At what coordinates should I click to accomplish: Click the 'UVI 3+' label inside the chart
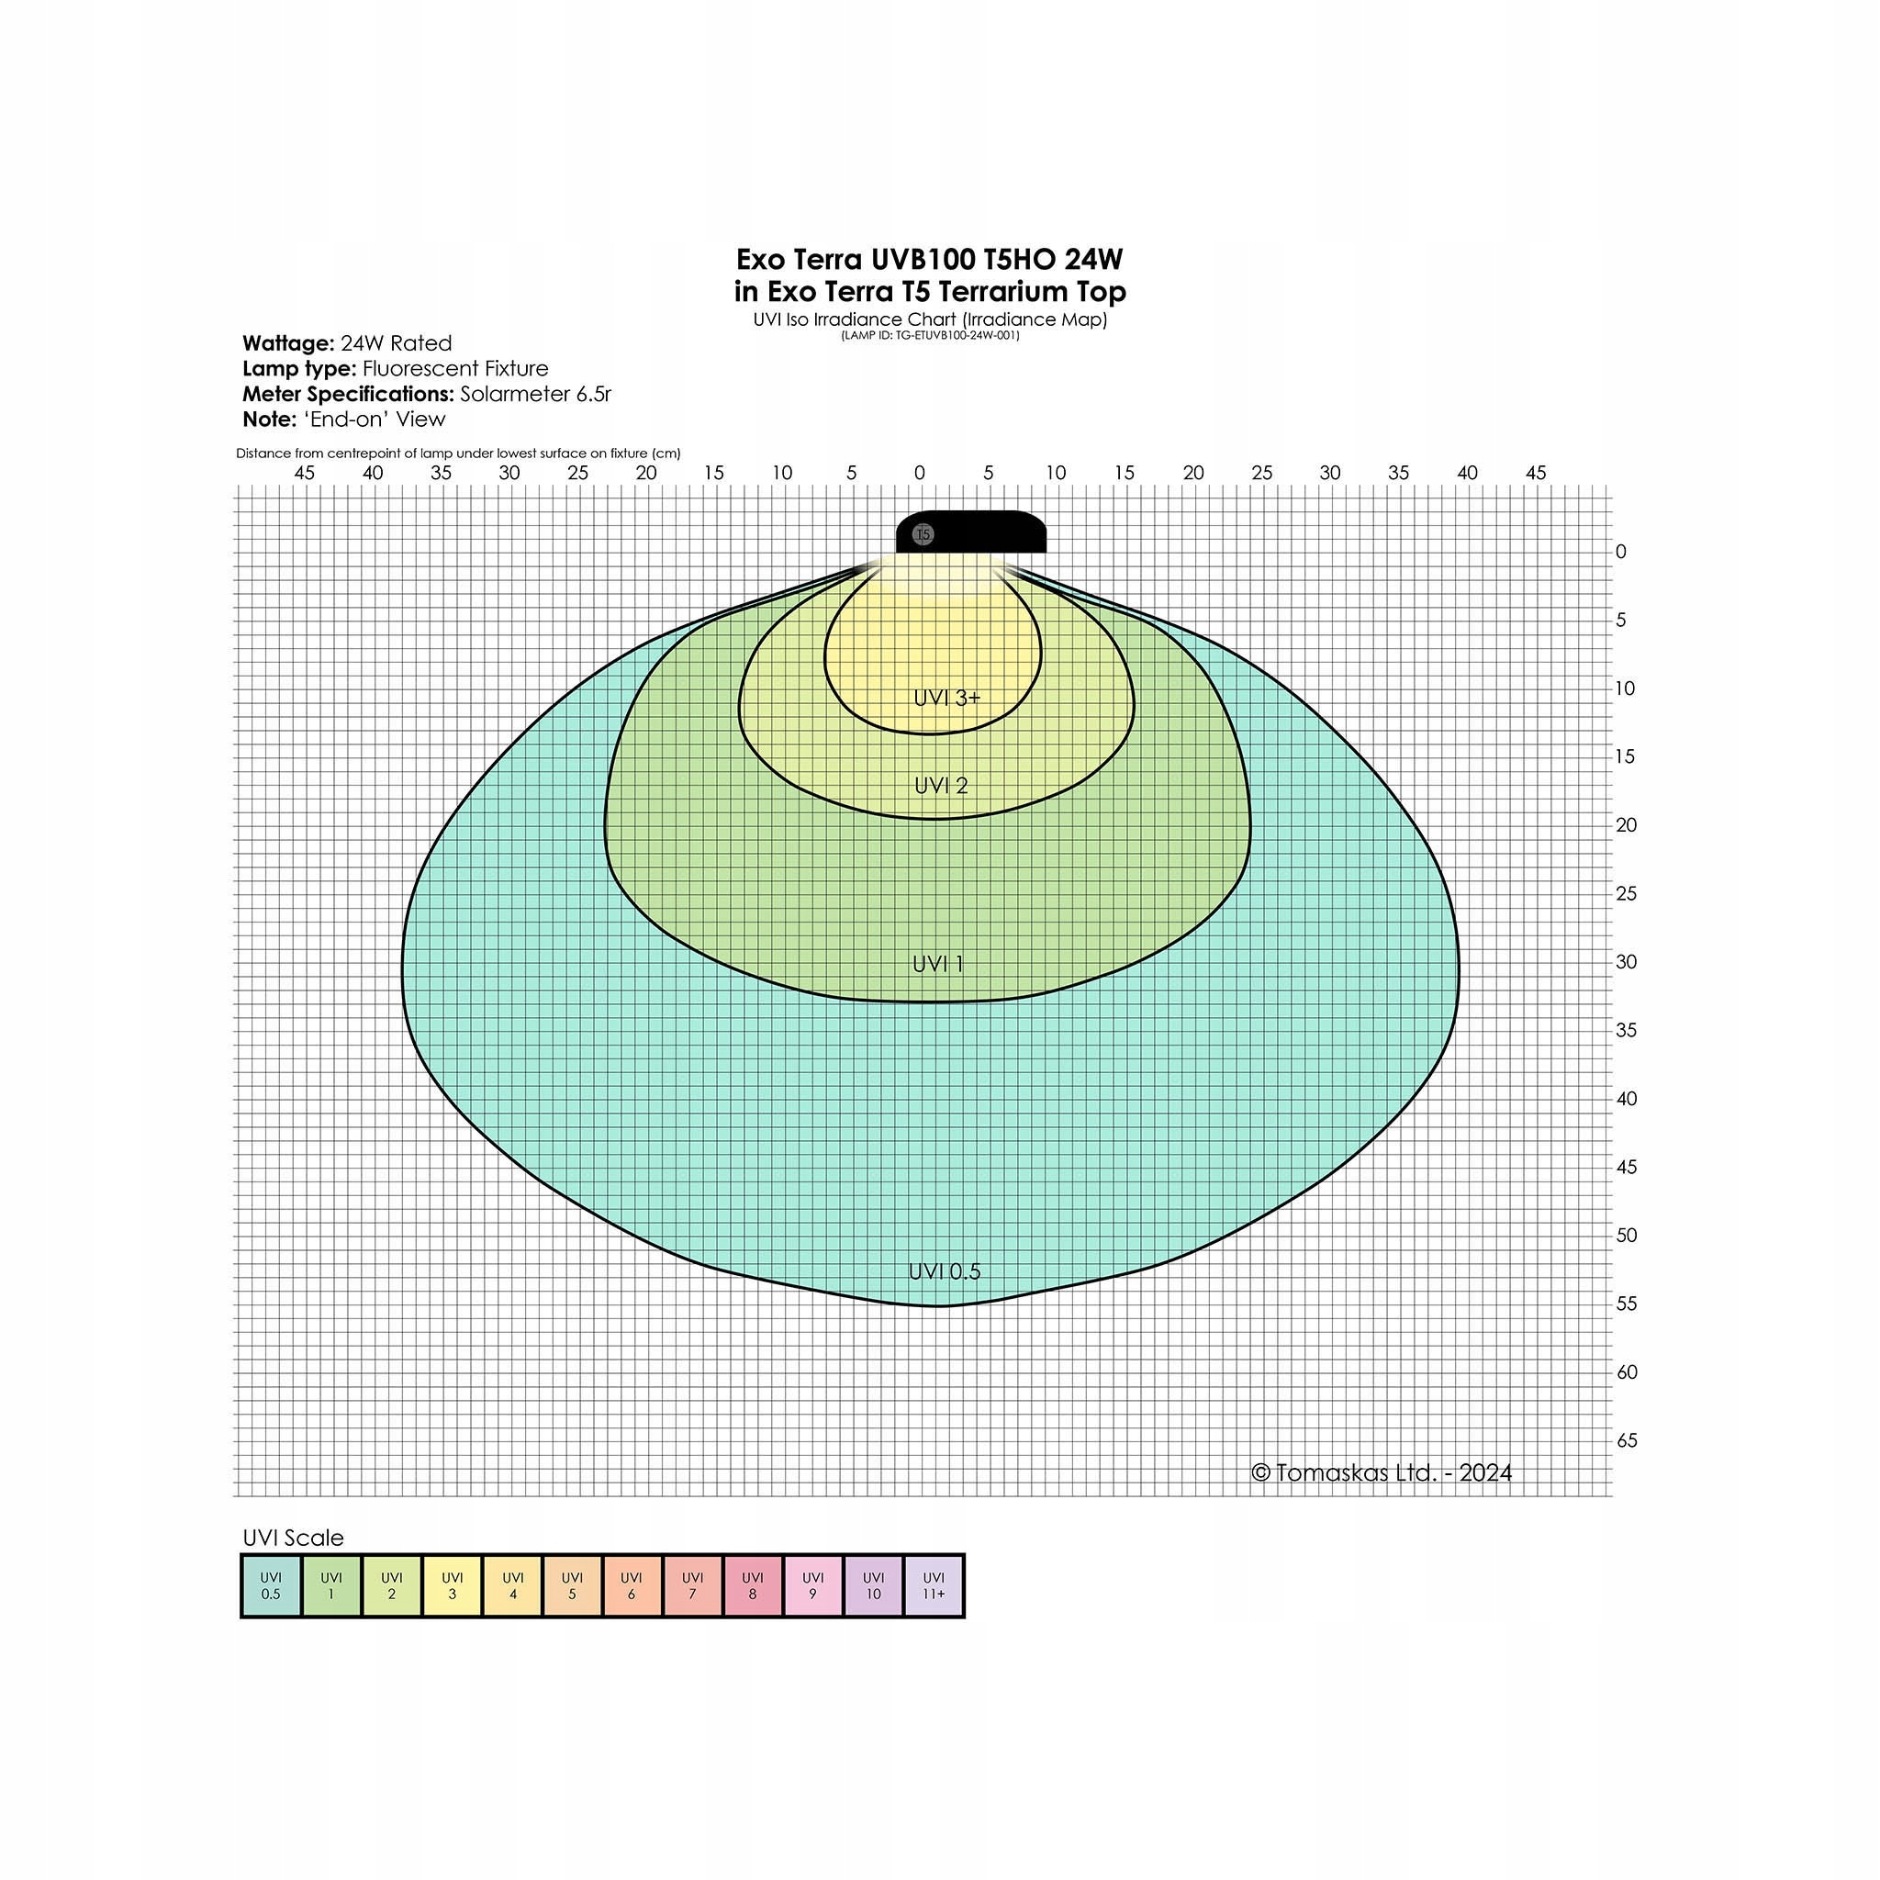[x=946, y=698]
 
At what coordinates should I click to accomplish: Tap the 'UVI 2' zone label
[x=941, y=785]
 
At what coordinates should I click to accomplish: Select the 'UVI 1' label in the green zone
[x=937, y=963]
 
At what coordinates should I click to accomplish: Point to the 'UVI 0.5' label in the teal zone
[x=944, y=1270]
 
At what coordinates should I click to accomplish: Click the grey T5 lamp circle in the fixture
[x=923, y=534]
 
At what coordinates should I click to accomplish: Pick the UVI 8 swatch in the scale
[x=752, y=1585]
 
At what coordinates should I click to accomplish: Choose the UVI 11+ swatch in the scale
[x=934, y=1585]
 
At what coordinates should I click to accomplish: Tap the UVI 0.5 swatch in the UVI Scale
[x=271, y=1585]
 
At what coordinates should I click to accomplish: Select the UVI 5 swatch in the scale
[x=572, y=1585]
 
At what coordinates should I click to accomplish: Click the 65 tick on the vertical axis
[x=1626, y=1440]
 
